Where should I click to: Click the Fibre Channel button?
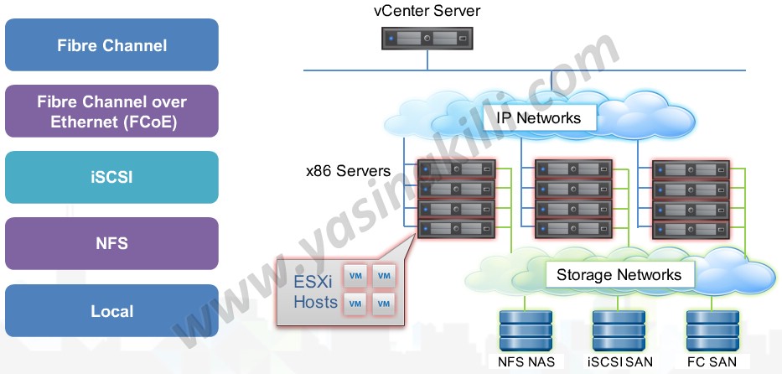point(111,45)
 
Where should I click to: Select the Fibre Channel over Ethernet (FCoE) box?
point(111,112)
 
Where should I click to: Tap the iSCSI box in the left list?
point(111,178)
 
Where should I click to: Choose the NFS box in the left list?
point(111,244)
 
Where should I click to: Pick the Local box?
point(111,311)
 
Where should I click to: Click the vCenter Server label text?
point(427,12)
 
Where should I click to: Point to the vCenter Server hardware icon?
point(427,38)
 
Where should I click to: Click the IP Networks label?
point(539,117)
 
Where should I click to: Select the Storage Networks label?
point(619,275)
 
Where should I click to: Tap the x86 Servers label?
point(348,171)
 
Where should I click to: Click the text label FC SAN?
point(712,363)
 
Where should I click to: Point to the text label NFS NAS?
point(526,363)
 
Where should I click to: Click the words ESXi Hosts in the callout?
point(315,289)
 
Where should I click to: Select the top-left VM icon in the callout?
point(356,276)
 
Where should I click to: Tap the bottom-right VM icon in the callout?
point(383,304)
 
